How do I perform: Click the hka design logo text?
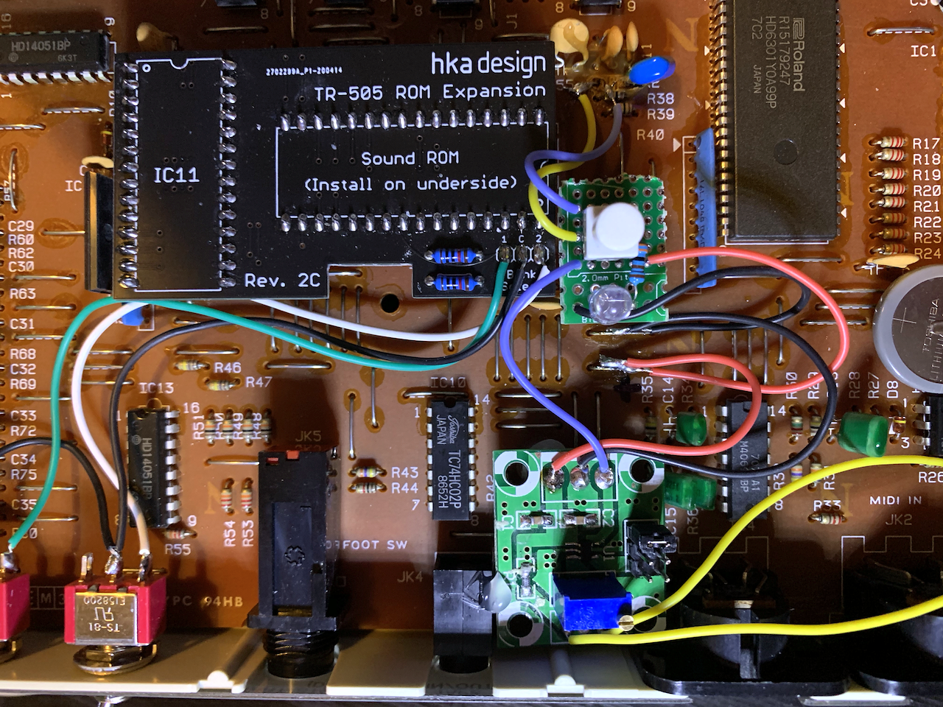pos(488,65)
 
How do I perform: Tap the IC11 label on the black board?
pos(176,175)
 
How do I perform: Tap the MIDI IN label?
pos(895,501)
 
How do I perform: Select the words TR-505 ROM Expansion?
pos(430,92)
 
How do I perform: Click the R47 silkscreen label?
pos(259,382)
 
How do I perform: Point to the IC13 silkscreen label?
pos(156,388)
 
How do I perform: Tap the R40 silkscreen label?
pos(650,135)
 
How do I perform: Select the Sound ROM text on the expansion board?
pos(410,158)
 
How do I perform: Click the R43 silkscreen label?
pos(404,472)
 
